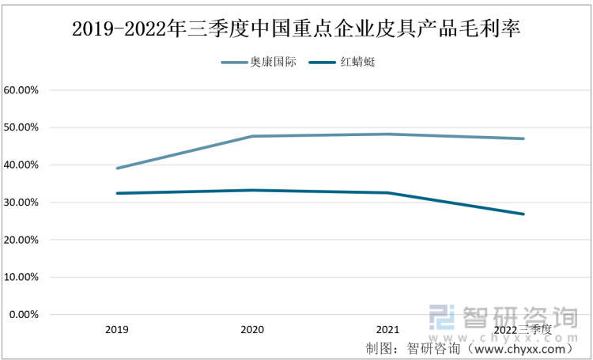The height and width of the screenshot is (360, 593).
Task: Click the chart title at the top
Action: tap(296, 29)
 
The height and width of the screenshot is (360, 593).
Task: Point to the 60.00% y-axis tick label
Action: tap(21, 90)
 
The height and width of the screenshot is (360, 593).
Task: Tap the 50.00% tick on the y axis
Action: tap(21, 127)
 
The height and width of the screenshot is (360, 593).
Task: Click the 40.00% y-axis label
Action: tap(21, 165)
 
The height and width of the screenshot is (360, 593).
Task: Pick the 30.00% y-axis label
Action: tap(21, 203)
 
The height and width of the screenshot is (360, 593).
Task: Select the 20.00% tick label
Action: tap(21, 240)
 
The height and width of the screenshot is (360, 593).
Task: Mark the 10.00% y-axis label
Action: tap(21, 278)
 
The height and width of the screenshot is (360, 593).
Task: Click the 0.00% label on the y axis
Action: tap(24, 315)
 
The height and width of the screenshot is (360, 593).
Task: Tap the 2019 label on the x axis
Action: tap(116, 328)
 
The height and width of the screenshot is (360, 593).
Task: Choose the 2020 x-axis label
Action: tap(252, 328)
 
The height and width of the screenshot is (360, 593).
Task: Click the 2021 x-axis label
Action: tap(388, 328)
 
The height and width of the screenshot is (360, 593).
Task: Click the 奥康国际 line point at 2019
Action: tap(116, 168)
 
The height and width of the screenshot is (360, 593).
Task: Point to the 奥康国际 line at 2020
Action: tap(252, 136)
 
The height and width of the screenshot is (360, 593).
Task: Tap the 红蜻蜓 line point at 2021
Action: tap(388, 192)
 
